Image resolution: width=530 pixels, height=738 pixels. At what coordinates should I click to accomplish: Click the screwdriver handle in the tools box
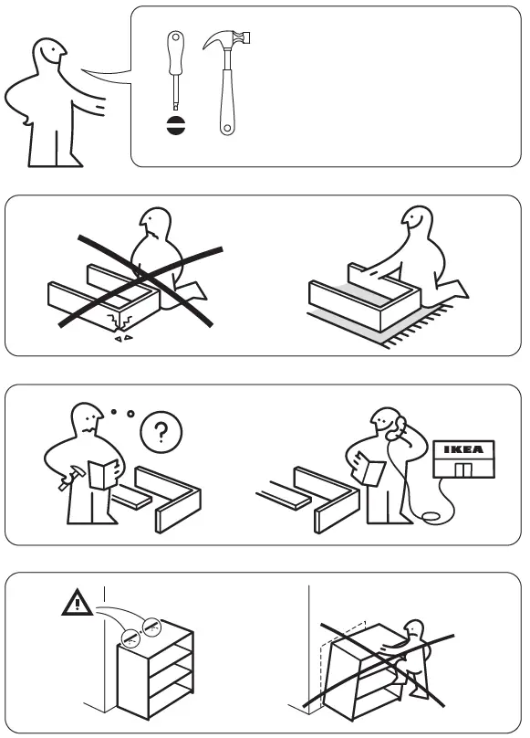pyautogui.click(x=174, y=51)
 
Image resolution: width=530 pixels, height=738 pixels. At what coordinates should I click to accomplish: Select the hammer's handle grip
pyautogui.click(x=225, y=110)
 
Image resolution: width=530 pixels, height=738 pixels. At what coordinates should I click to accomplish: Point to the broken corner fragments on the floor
pyautogui.click(x=120, y=337)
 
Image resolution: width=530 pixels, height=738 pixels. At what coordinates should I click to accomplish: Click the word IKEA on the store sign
pyautogui.click(x=465, y=449)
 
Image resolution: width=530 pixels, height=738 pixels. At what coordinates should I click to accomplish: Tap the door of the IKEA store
pyautogui.click(x=465, y=469)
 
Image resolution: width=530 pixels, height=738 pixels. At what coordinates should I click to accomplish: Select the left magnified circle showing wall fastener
pyautogui.click(x=131, y=636)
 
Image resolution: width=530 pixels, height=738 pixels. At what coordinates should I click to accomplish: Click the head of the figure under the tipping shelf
pyautogui.click(x=415, y=633)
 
